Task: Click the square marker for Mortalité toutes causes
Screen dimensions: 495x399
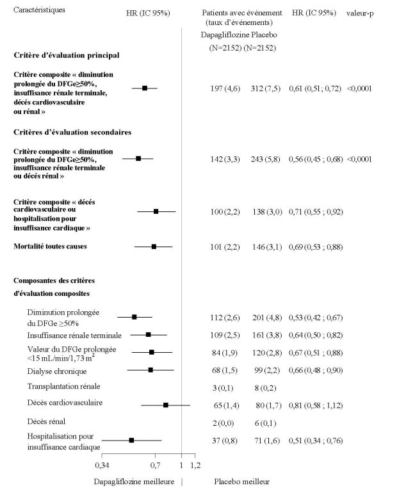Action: click(x=154, y=246)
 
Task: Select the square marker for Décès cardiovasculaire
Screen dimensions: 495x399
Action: click(x=166, y=405)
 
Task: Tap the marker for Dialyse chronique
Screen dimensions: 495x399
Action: click(x=151, y=369)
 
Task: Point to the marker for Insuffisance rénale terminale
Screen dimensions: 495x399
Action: click(x=148, y=334)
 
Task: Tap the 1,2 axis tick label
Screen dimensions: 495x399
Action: click(x=195, y=464)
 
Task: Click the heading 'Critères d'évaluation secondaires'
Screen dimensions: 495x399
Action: click(x=72, y=132)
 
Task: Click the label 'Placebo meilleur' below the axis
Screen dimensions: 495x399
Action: click(x=241, y=482)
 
